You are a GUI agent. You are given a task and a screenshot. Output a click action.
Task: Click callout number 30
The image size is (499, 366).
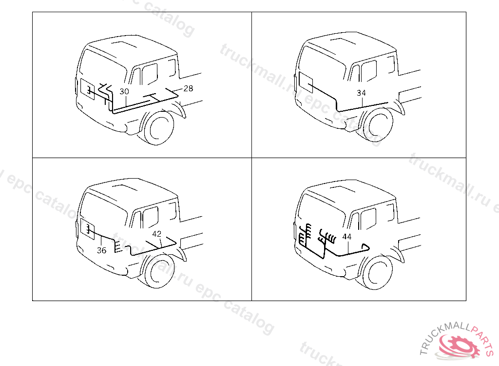(124, 92)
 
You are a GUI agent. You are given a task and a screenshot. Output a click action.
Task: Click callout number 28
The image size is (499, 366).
(189, 88)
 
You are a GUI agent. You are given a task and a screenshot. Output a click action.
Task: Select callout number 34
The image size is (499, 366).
(361, 93)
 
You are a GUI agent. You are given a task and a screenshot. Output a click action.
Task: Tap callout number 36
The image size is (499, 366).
(101, 250)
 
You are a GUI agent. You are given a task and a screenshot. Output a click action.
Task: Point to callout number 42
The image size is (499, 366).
(156, 234)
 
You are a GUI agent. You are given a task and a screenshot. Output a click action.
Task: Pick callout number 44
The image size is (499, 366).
(347, 237)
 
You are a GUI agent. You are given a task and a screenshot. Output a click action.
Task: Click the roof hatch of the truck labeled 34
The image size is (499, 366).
(344, 42)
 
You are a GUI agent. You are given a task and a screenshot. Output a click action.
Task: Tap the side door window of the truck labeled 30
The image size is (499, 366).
(149, 74)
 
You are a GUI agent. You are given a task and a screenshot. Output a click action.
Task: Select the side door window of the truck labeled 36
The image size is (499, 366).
(150, 217)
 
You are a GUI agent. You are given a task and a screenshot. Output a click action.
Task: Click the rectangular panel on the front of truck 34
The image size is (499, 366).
(306, 81)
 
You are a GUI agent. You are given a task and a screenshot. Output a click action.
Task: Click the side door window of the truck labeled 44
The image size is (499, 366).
(368, 219)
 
